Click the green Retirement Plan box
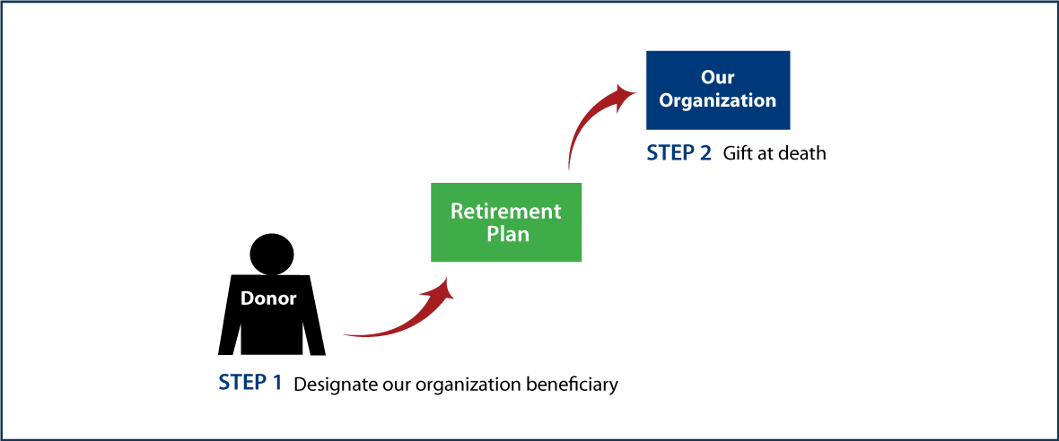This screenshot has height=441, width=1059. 506,222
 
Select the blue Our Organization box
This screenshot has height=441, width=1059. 718,90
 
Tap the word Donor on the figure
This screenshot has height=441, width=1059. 268,298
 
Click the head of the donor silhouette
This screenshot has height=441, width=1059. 272,254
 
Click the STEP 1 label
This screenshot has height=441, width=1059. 250,384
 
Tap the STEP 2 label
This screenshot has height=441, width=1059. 679,153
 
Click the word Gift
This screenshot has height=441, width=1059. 739,154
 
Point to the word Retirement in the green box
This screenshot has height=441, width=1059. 506,212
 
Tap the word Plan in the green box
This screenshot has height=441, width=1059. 507,234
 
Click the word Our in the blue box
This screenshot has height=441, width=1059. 718,79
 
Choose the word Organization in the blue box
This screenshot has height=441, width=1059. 718,100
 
